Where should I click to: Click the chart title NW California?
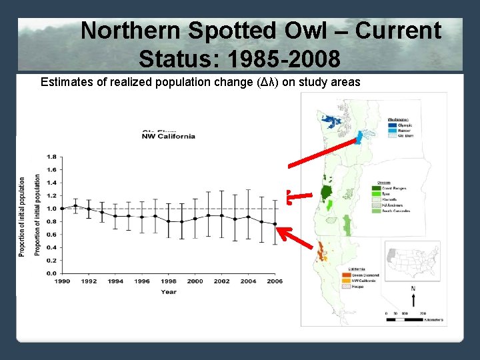tap(168, 136)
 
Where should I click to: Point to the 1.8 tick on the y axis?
tap(51, 157)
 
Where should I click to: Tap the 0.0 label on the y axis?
tap(51, 273)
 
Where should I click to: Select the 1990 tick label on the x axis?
tap(61, 281)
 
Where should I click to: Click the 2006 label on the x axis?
tap(274, 281)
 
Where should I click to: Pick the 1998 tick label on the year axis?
tap(168, 281)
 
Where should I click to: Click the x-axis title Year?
tap(168, 292)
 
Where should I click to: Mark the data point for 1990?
tap(62, 209)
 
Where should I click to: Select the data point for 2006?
tap(275, 224)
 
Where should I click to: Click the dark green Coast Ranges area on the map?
tap(327, 193)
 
